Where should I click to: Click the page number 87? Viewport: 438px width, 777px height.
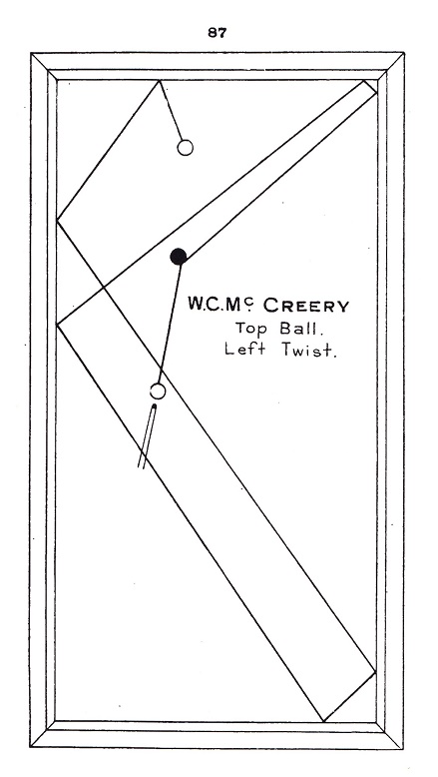click(x=217, y=33)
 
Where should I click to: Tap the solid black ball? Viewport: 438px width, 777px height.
click(x=179, y=257)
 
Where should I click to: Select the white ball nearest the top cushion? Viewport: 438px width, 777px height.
click(x=186, y=148)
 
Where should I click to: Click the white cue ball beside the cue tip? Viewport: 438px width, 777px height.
click(x=158, y=390)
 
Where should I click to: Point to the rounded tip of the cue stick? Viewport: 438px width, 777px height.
click(x=154, y=406)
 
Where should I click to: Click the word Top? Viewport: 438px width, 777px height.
click(x=251, y=330)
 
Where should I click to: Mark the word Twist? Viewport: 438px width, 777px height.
click(x=309, y=350)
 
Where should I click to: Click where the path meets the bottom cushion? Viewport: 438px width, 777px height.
click(x=323, y=721)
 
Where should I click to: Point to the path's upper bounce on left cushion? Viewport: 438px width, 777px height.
click(x=58, y=220)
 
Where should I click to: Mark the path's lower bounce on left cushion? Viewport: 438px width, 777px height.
click(x=58, y=325)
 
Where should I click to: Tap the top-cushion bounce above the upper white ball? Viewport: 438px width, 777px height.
click(x=159, y=80)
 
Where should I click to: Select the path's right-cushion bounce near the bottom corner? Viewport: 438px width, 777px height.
click(x=375, y=672)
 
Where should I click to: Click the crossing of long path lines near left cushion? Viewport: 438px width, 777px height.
click(x=103, y=287)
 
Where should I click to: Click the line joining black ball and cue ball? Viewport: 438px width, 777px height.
click(x=170, y=324)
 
